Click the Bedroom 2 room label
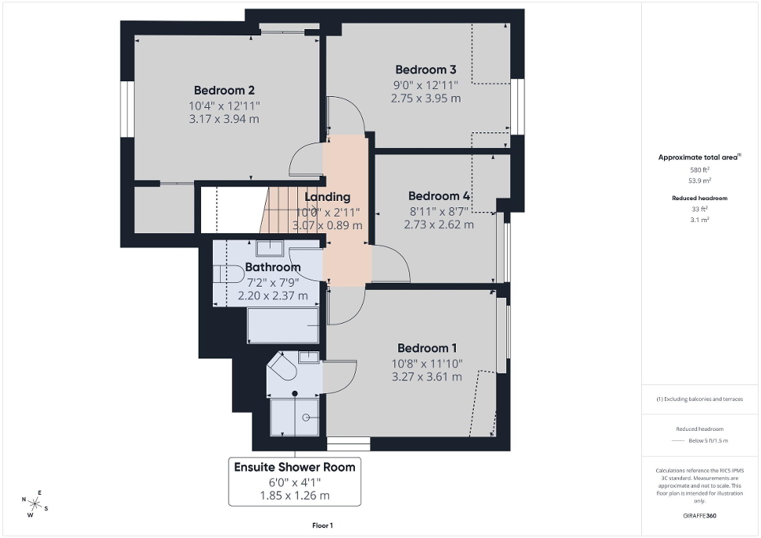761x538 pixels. pyautogui.click(x=224, y=90)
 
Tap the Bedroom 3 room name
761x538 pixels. pyautogui.click(x=426, y=69)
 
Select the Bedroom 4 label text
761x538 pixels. pyautogui.click(x=438, y=195)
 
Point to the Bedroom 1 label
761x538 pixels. pyautogui.click(x=427, y=348)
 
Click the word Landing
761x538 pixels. pyautogui.click(x=327, y=197)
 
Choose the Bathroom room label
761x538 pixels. pyautogui.click(x=272, y=267)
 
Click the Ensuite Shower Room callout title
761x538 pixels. pyautogui.click(x=294, y=467)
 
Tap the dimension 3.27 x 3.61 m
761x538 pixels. pyautogui.click(x=427, y=377)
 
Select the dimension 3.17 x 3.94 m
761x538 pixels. pyautogui.click(x=224, y=119)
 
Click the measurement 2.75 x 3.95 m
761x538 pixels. pyautogui.click(x=426, y=98)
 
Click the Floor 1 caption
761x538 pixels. pyautogui.click(x=322, y=525)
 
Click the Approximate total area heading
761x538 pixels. pyautogui.click(x=699, y=158)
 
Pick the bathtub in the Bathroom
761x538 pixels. pyautogui.click(x=283, y=325)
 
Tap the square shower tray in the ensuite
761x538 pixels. pyautogui.click(x=295, y=416)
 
